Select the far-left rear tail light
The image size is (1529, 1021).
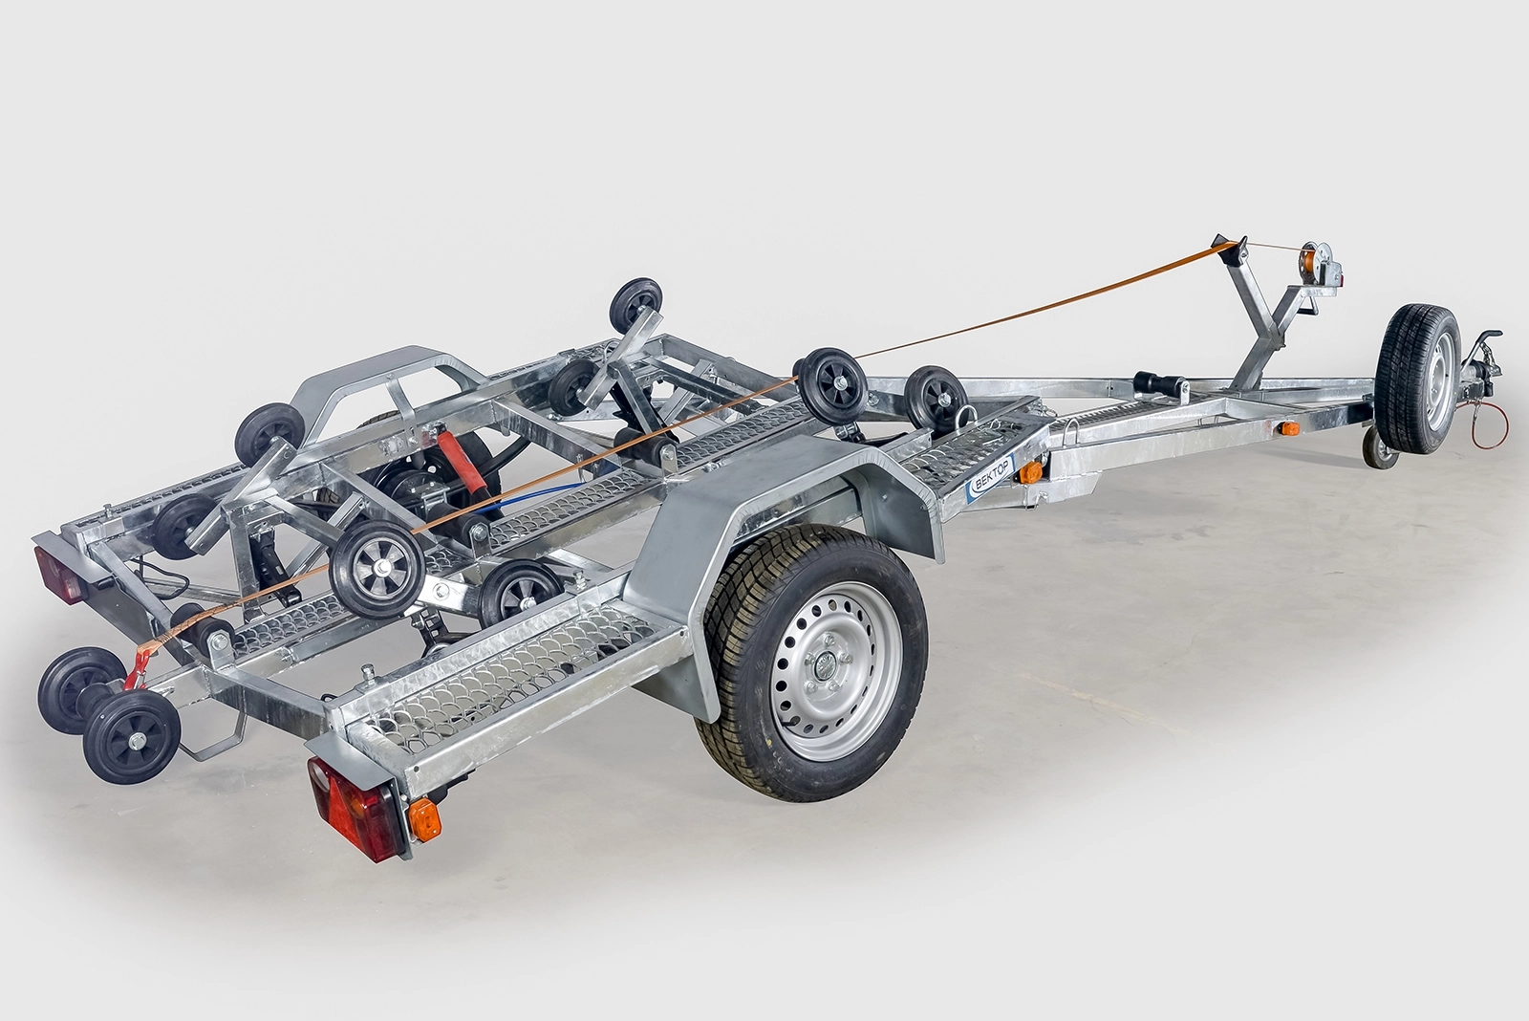click(x=60, y=575)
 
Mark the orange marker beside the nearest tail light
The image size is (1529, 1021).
click(x=424, y=818)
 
